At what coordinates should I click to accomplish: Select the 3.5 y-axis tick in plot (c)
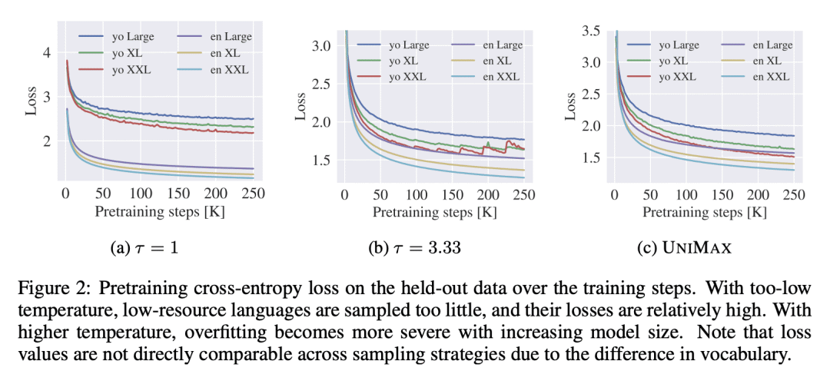tap(590, 31)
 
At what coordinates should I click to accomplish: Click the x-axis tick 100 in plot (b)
tap(417, 194)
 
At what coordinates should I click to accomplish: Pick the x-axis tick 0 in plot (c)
tap(614, 194)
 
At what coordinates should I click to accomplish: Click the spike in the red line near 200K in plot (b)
tap(487, 143)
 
